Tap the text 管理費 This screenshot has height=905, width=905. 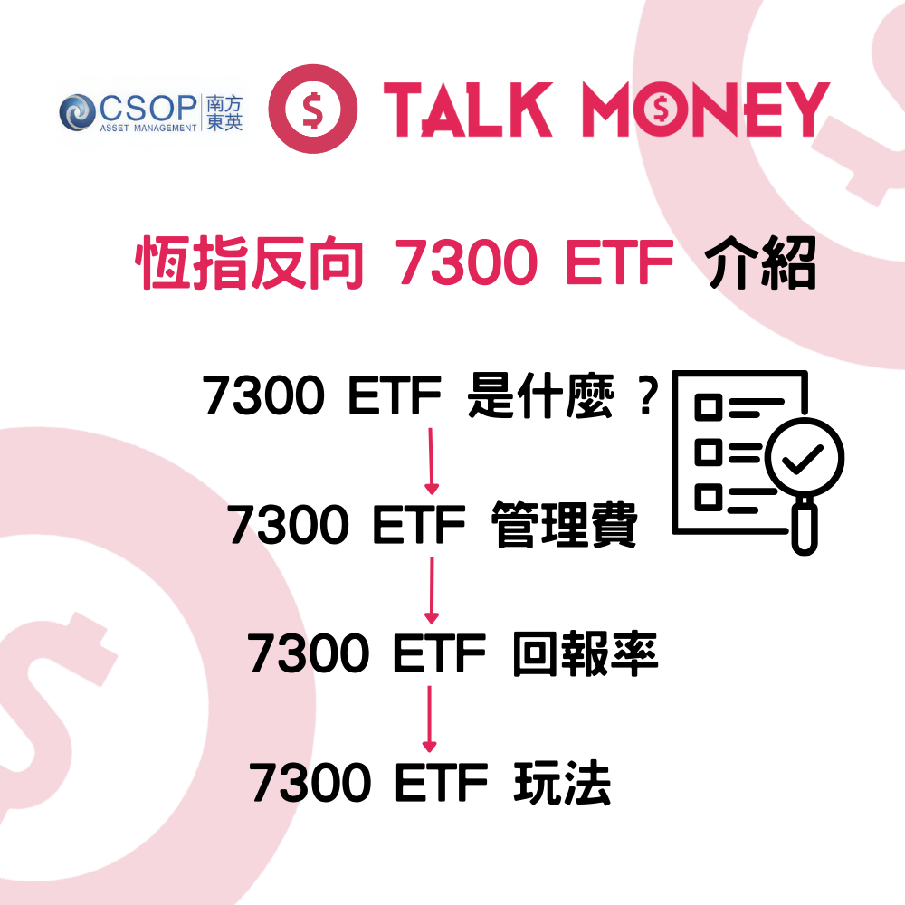click(565, 525)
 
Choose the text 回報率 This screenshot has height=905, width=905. click(585, 654)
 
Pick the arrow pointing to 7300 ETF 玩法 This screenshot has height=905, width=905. click(430, 719)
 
